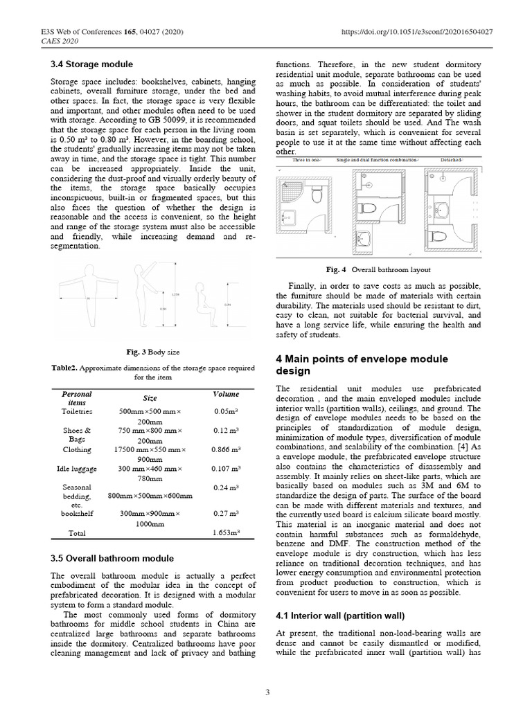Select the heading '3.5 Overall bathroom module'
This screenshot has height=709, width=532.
(x=112, y=558)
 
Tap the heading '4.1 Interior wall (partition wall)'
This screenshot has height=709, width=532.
(x=340, y=616)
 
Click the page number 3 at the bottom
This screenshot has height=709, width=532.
(x=266, y=692)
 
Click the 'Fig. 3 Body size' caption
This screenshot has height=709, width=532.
(x=150, y=352)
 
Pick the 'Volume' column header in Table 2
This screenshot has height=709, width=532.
(x=226, y=394)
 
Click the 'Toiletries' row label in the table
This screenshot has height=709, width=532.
(x=77, y=411)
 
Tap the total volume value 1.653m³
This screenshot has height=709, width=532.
(x=225, y=534)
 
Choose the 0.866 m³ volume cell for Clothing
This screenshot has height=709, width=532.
(x=225, y=449)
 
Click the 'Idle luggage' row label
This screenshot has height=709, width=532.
(x=77, y=469)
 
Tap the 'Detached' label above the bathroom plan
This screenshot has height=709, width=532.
(x=453, y=161)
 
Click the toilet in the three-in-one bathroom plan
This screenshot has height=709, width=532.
(x=317, y=195)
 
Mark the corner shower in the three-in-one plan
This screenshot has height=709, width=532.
(x=289, y=201)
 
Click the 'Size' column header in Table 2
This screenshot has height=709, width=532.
(x=150, y=398)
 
